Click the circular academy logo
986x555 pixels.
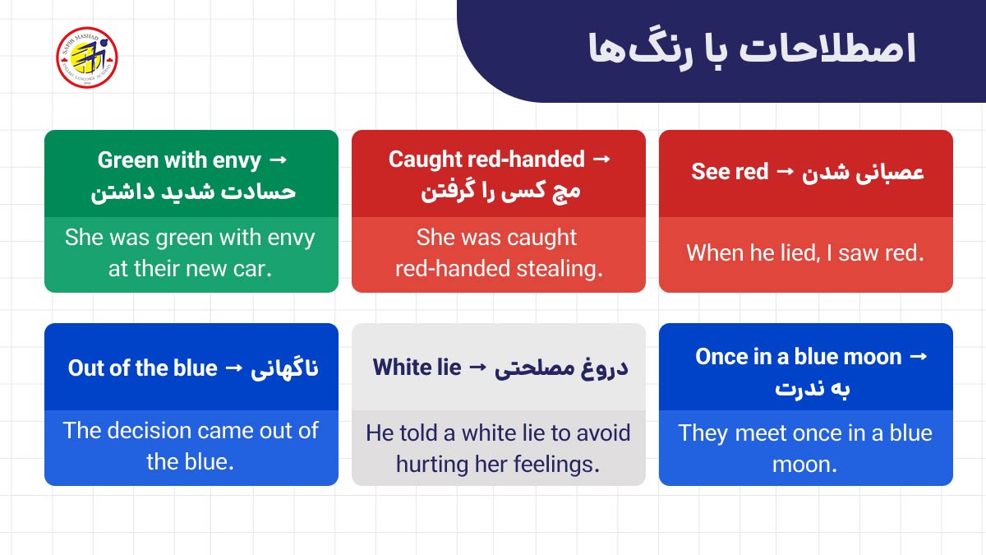pos(86,58)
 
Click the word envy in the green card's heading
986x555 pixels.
pos(237,160)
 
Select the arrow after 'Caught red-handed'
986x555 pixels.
pos(601,159)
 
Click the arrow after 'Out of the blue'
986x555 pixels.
pos(234,368)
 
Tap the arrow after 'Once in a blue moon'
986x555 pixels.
pos(919,357)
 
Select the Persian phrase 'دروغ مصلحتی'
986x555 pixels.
pos(561,368)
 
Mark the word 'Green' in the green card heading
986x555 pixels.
pos(127,160)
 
